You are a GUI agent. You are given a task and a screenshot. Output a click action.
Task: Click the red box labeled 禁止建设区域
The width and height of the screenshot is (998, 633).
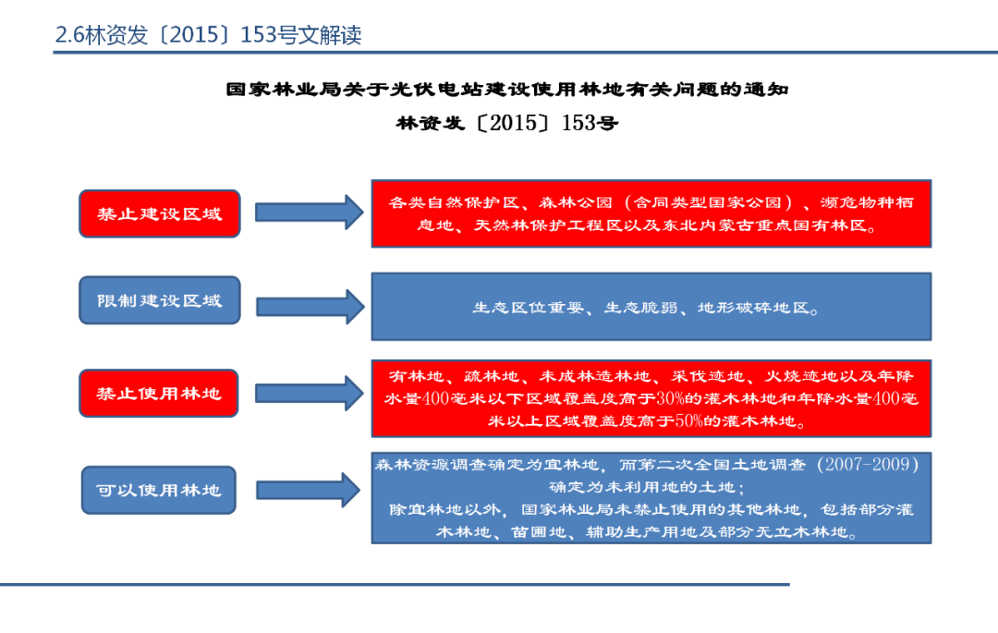click(x=160, y=213)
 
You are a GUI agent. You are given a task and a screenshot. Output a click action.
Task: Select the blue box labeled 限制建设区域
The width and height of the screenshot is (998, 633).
click(x=160, y=300)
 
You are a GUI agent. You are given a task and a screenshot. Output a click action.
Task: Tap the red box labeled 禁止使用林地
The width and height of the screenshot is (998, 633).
click(x=159, y=393)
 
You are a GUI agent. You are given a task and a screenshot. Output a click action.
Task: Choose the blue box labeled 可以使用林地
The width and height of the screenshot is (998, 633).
click(x=158, y=490)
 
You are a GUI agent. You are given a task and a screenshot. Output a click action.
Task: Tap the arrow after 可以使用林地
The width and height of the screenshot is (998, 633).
click(x=308, y=490)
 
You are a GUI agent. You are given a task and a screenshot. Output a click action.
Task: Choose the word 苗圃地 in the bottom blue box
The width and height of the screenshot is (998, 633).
click(x=551, y=531)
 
